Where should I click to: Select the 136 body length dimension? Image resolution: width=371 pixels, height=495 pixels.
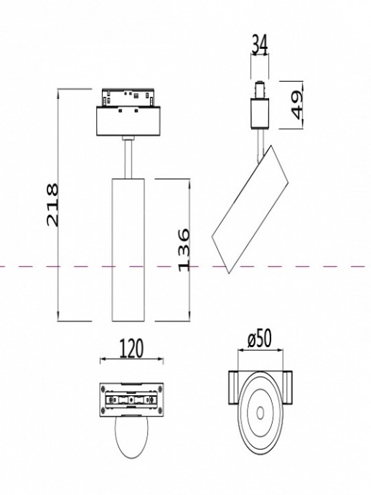183,249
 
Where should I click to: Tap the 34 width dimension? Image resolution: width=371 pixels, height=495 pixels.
260,44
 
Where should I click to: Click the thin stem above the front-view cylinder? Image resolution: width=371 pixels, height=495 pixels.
128,158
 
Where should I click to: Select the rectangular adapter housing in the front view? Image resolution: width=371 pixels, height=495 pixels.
128,121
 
